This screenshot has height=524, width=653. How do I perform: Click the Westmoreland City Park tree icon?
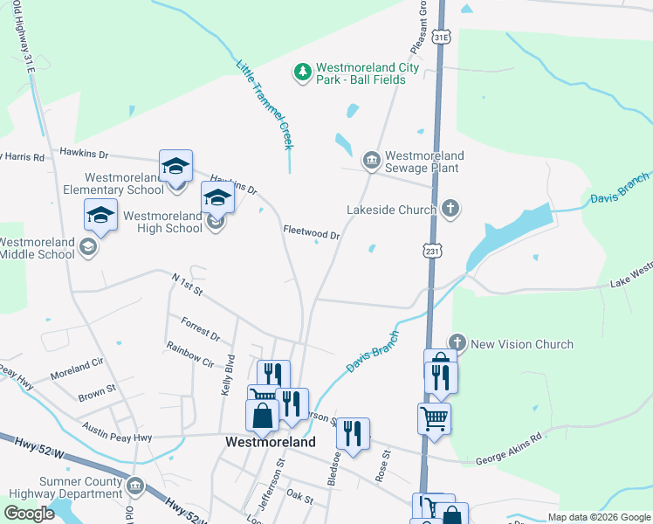point(303,72)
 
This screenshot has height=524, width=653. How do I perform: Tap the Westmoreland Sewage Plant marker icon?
point(371,160)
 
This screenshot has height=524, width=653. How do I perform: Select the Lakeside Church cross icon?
point(450,209)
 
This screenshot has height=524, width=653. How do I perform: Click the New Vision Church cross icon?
point(457,343)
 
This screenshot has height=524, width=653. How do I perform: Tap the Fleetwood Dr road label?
point(311,233)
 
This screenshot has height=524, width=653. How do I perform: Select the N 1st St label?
point(187,284)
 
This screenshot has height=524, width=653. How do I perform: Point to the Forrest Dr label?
point(201,329)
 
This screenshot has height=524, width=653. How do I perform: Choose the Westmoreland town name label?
point(270,442)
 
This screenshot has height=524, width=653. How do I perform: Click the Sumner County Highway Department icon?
point(134,486)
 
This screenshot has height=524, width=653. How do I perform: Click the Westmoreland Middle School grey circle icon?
point(87,248)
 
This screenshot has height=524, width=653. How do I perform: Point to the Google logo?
point(30,514)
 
